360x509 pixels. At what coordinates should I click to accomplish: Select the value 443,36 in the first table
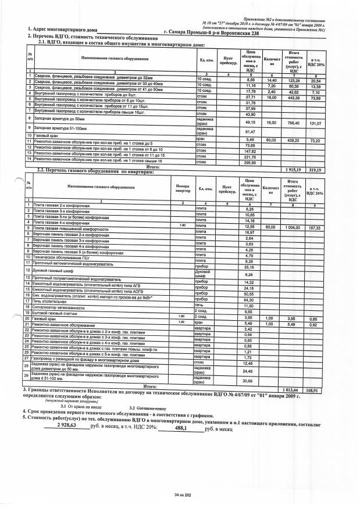pyautogui.click(x=294, y=99)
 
